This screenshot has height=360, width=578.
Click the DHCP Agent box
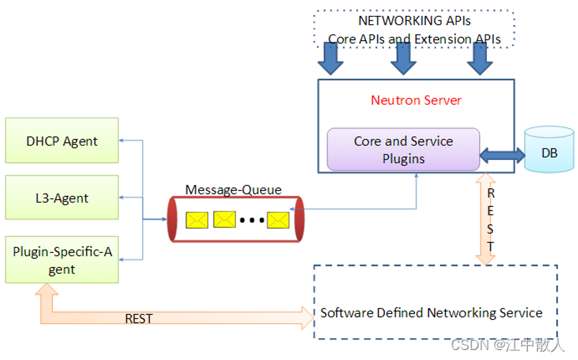[x=62, y=140]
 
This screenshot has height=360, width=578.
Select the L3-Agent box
[x=62, y=197]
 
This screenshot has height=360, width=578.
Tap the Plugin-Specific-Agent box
[x=62, y=259]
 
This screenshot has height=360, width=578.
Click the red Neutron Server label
[x=416, y=100]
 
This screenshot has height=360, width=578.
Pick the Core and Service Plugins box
[x=403, y=149]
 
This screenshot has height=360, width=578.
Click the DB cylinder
[x=549, y=149]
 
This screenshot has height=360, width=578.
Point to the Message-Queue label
[x=233, y=190]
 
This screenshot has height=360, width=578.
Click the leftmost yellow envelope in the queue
[x=197, y=220]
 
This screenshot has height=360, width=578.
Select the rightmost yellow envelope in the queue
[x=278, y=220]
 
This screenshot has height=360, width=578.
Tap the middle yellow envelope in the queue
[x=225, y=219]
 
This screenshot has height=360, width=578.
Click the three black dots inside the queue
[x=252, y=220]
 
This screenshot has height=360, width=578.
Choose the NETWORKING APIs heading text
[x=414, y=21]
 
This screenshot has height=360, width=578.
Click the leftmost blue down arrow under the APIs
[x=330, y=59]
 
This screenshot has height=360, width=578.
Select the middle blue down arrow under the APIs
[x=403, y=59]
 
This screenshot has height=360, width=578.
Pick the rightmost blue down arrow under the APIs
[x=480, y=59]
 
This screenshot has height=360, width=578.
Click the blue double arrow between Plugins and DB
[x=502, y=156]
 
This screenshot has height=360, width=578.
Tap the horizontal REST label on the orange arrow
[x=139, y=319]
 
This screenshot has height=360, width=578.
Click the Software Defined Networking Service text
[x=431, y=313]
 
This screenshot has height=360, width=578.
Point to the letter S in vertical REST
[x=490, y=229]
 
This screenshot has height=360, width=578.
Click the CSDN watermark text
[x=507, y=345]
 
